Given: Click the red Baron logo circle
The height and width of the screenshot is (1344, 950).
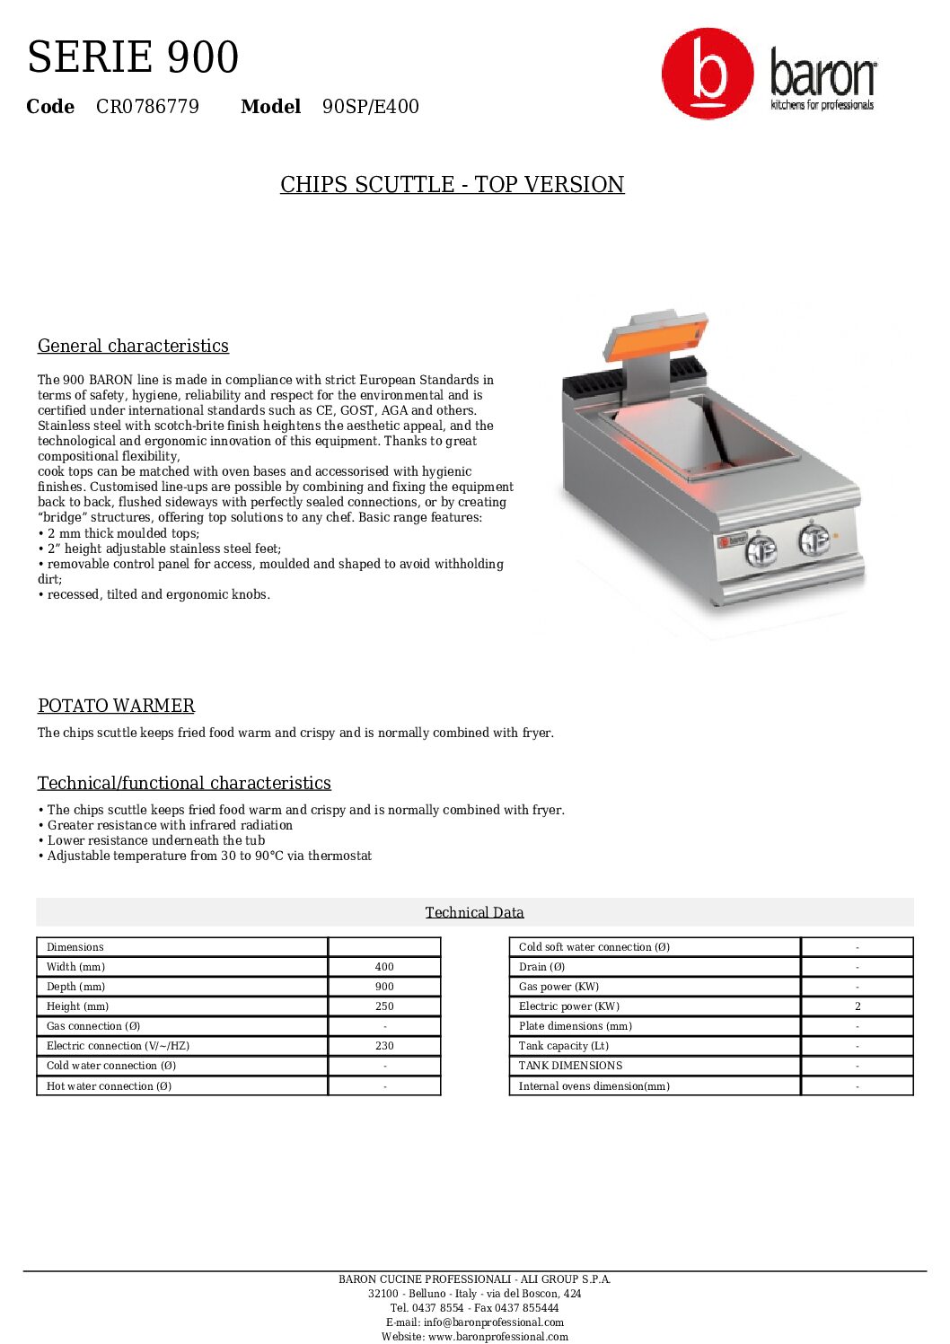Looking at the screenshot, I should pyautogui.click(x=708, y=74).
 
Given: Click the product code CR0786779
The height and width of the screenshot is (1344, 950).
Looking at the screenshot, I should pyautogui.click(x=147, y=107).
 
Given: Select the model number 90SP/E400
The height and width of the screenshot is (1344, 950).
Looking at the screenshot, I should pyautogui.click(x=371, y=107).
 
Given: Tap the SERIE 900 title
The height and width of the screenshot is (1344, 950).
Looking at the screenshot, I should pyautogui.click(x=133, y=57).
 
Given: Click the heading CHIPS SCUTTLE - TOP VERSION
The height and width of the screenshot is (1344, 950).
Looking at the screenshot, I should pyautogui.click(x=452, y=185).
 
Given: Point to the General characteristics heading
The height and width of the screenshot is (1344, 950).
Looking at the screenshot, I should pyautogui.click(x=133, y=347).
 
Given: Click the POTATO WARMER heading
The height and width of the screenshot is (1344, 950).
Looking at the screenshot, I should pyautogui.click(x=116, y=707).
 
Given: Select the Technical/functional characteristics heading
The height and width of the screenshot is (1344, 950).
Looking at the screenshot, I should pyautogui.click(x=184, y=784).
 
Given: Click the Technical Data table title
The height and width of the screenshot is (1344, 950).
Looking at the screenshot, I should pyautogui.click(x=474, y=913).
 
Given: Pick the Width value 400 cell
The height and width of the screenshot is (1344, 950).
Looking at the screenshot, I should pyautogui.click(x=384, y=967).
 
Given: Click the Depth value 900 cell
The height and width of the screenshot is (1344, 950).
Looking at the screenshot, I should pyautogui.click(x=384, y=987).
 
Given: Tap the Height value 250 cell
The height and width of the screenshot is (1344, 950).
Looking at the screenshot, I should pyautogui.click(x=384, y=1006).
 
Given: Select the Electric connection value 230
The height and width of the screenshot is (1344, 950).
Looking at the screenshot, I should pyautogui.click(x=384, y=1046).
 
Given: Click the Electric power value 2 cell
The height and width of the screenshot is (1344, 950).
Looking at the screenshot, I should pyautogui.click(x=857, y=1006).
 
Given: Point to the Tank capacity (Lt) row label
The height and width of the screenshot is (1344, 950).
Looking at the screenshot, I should pyautogui.click(x=564, y=1046).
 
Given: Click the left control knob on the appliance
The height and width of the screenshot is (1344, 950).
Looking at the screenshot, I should pyautogui.click(x=761, y=549).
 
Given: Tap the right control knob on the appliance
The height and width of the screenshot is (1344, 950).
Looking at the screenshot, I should pyautogui.click(x=814, y=540).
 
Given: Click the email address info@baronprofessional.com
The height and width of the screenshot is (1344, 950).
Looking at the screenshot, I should pyautogui.click(x=494, y=1322).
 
